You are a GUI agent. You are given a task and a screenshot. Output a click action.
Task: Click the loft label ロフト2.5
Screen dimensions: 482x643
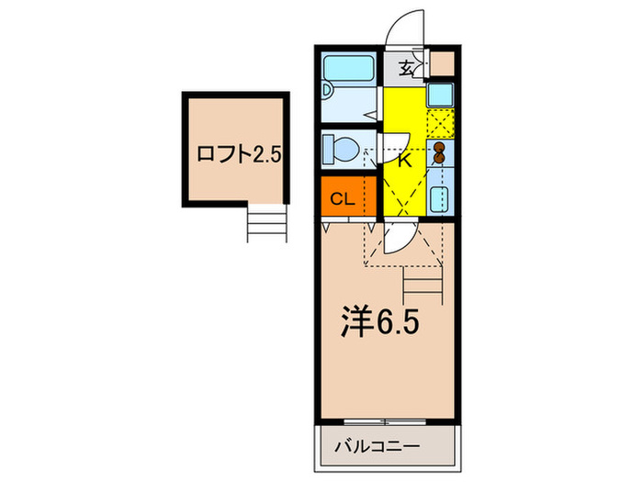click(x=238, y=154)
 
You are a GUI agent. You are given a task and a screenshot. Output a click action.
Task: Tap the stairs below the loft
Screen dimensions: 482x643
click(x=267, y=223)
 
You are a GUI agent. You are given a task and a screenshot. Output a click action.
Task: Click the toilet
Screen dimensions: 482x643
click(x=344, y=147)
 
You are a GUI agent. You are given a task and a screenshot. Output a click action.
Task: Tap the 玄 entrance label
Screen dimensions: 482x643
click(x=405, y=67)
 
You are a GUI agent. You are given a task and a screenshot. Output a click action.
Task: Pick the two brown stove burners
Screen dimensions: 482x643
click(x=440, y=152)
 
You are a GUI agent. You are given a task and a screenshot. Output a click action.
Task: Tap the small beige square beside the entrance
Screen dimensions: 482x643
click(x=443, y=63)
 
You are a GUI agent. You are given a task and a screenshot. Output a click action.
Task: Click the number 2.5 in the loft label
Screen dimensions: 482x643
click(x=266, y=154)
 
